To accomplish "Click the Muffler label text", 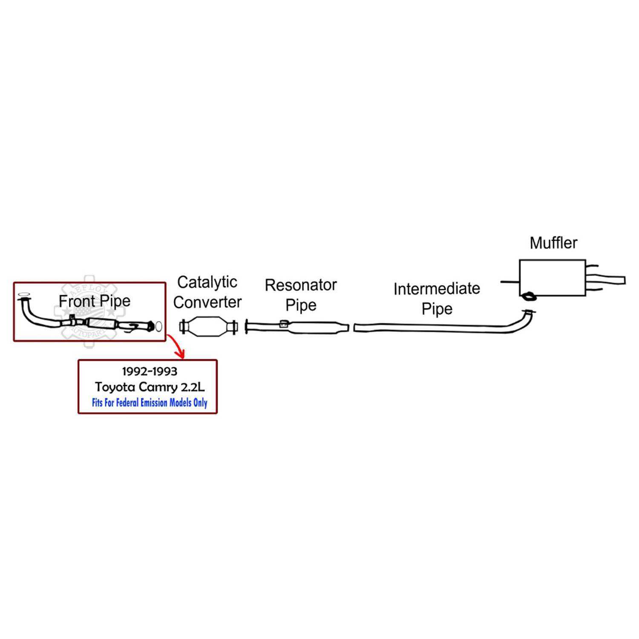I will [553, 243].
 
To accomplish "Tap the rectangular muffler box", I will [552, 277].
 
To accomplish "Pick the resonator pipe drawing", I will [315, 328].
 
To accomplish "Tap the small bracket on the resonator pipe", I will [284, 324].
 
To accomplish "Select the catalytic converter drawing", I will [208, 327].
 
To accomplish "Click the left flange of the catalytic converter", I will [183, 327].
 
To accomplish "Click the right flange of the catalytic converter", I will [233, 327].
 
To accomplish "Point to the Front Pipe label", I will [94, 301].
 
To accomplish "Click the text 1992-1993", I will [150, 371].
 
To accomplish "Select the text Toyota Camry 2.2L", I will [150, 387].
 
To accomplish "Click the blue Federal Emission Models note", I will [150, 403].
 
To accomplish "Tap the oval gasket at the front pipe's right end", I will [159, 327].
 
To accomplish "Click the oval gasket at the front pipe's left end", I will [24, 294].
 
